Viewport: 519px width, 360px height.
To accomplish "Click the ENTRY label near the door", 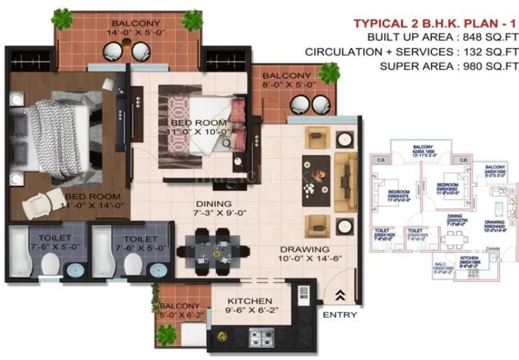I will pos(339,315).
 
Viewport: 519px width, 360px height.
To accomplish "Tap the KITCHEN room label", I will pos(249,302).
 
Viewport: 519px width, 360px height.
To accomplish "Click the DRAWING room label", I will pos(305,249).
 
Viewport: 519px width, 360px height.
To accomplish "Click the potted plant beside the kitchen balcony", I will pos(167,334).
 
